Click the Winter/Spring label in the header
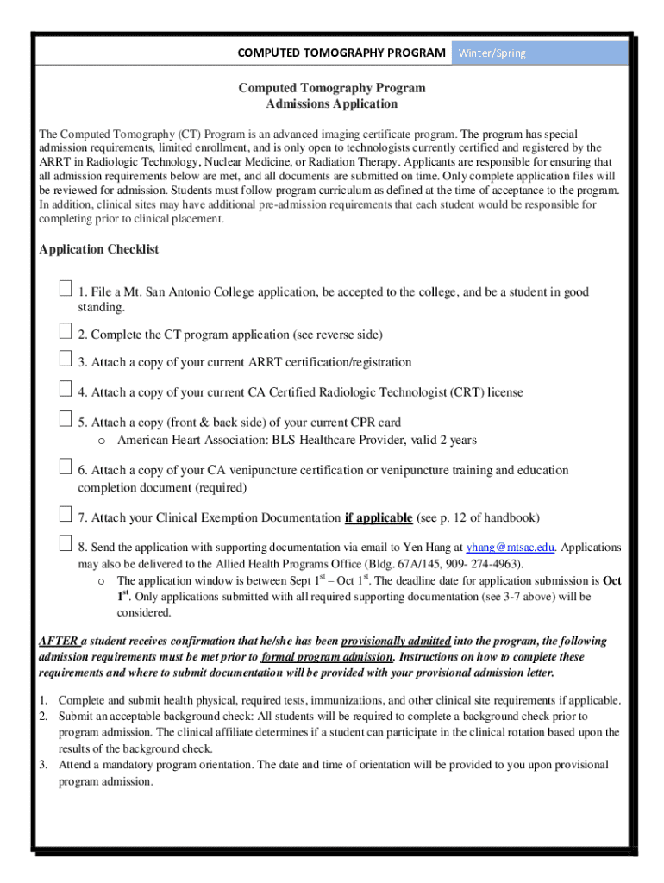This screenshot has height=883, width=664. [492, 53]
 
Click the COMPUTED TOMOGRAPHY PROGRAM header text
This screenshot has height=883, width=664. [341, 53]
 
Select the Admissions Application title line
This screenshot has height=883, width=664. [332, 104]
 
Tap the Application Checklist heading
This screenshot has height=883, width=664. [99, 250]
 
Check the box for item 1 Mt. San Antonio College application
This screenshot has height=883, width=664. [66, 288]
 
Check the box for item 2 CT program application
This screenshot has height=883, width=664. [66, 331]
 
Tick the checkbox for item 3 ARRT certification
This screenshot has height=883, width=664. [66, 360]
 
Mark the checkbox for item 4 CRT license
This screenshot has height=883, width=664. [66, 389]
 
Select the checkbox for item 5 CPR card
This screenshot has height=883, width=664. [66, 419]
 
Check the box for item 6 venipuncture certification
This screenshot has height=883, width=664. [66, 467]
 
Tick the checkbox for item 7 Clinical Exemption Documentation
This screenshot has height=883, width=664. [66, 515]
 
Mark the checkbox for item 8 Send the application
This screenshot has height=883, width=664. [66, 544]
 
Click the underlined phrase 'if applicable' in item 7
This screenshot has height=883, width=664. [378, 518]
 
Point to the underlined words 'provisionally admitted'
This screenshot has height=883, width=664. [396, 642]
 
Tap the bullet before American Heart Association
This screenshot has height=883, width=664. [101, 441]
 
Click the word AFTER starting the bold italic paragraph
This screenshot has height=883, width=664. [59, 642]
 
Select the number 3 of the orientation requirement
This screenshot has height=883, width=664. [43, 766]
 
